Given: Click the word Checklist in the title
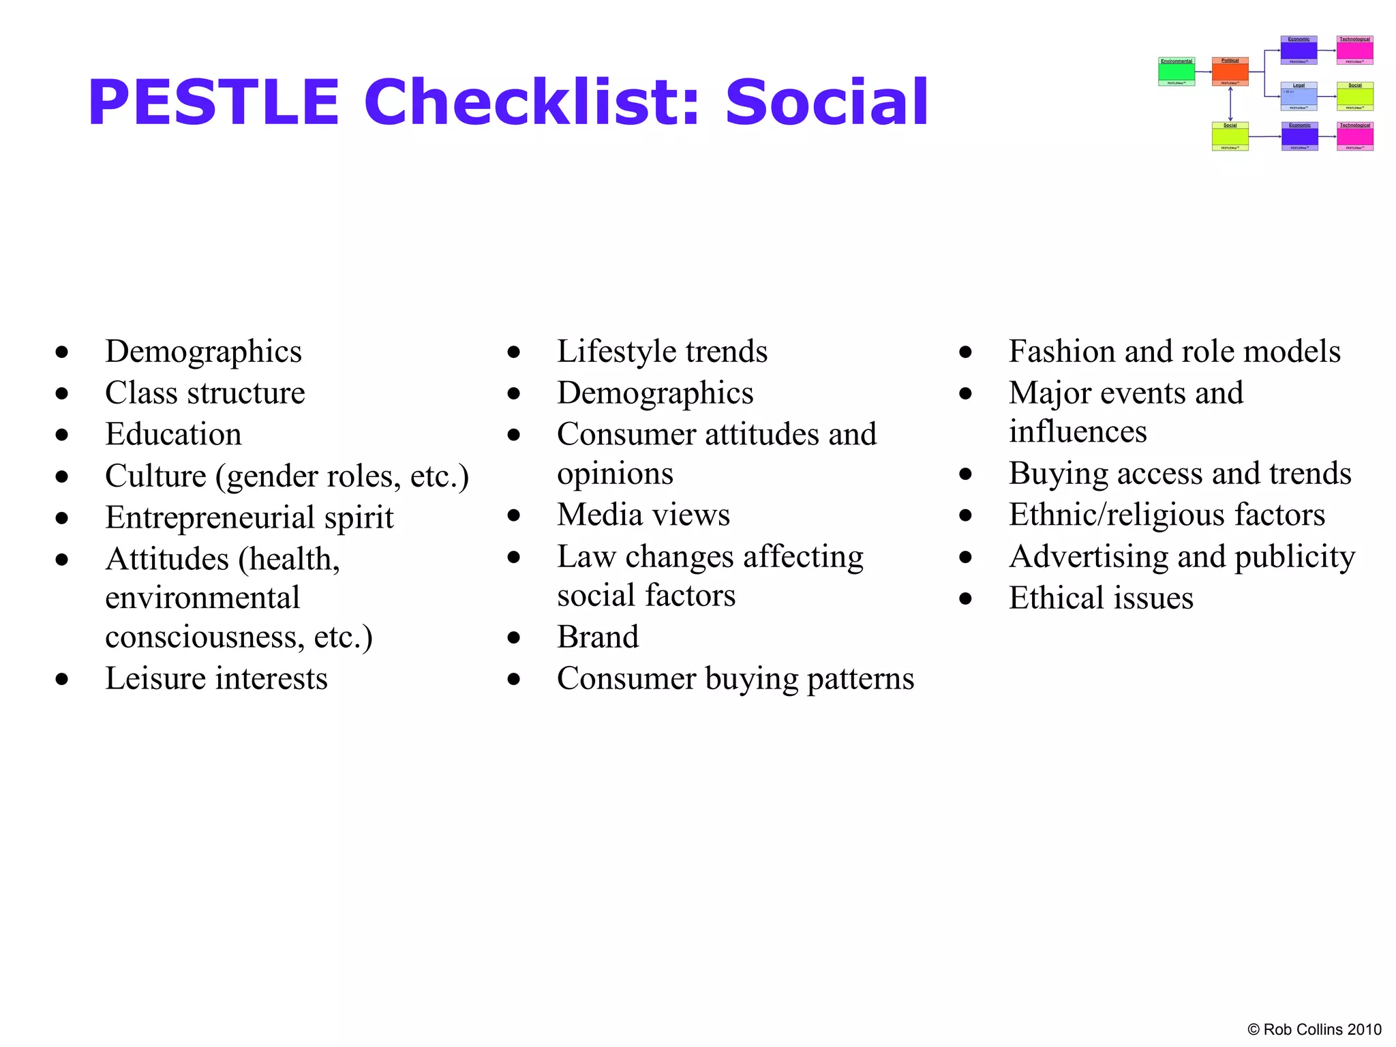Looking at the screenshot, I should coord(532,102).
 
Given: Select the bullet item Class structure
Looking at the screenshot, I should coord(204,393).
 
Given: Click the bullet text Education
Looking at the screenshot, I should coord(173,435).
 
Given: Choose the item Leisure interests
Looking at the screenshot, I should coord(216,679).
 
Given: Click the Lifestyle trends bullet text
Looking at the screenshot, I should coord(662,352).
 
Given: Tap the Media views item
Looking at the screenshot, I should coord(643,515).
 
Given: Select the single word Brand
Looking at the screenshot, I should coord(598,637).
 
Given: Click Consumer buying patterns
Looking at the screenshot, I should coord(735,679).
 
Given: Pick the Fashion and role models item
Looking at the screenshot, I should coord(1174,352).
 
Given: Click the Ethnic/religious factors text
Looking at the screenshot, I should coord(1166,515).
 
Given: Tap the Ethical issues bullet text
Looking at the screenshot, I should coord(1100,598).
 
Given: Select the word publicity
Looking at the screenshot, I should coord(1294,558).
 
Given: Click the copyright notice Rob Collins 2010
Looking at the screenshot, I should coord(1314,1029).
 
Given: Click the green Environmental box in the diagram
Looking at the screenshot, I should coord(1177,72).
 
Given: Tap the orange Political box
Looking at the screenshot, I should coord(1230,72).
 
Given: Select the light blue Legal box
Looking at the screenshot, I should coord(1299,96).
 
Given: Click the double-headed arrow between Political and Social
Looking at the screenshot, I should coord(1230,104).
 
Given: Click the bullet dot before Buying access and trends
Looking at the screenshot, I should coord(965,474).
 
